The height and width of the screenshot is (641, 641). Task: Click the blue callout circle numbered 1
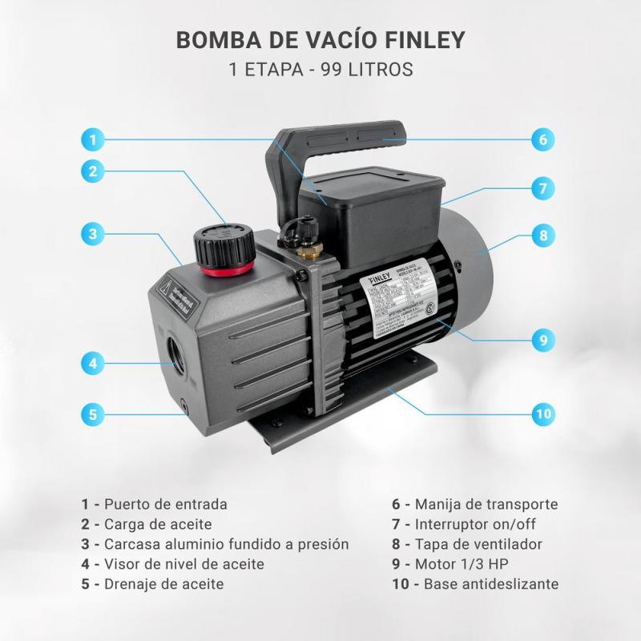pyautogui.click(x=93, y=139)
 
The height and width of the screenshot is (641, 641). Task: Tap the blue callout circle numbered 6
pyautogui.click(x=542, y=139)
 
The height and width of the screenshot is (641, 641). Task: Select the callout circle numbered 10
pyautogui.click(x=542, y=413)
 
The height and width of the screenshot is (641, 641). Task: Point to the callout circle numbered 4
pyautogui.click(x=93, y=363)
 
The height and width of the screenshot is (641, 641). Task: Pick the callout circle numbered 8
pyautogui.click(x=542, y=236)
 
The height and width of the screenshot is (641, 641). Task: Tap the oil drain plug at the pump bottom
pyautogui.click(x=185, y=407)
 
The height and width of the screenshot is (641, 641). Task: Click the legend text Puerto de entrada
pyautogui.click(x=166, y=504)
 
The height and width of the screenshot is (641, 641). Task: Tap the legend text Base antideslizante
pyautogui.click(x=490, y=584)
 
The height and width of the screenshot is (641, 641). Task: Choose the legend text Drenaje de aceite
pyautogui.click(x=163, y=584)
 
